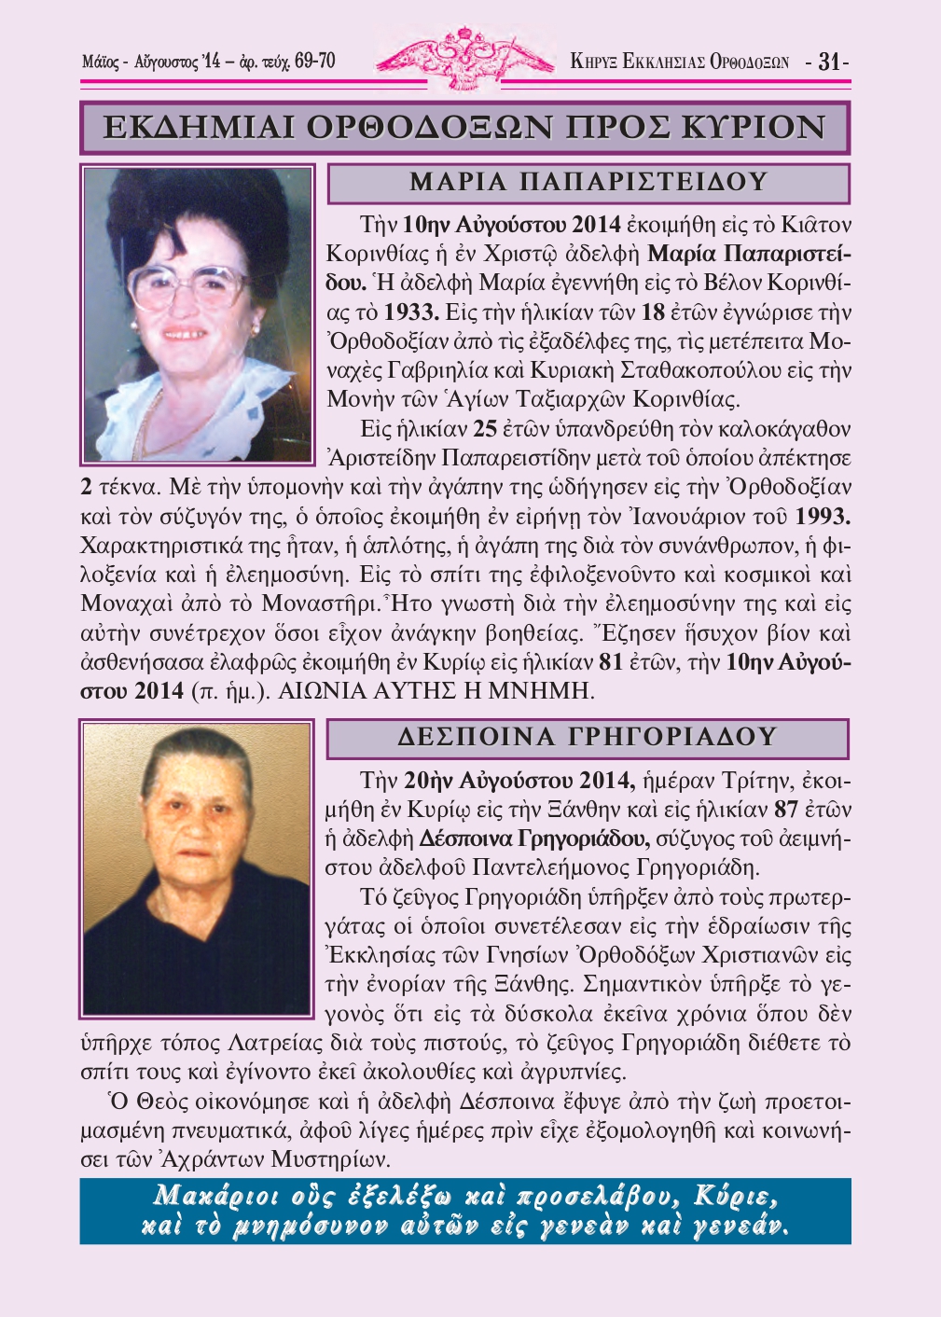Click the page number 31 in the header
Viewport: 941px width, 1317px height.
(828, 62)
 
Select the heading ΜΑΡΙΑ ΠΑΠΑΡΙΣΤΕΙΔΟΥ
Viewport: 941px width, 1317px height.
(588, 183)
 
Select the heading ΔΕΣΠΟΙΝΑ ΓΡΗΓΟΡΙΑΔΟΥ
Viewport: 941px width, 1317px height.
(588, 738)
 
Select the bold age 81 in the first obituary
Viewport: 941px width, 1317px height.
(611, 663)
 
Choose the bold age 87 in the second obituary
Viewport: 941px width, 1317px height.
(786, 809)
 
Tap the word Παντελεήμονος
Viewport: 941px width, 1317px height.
(550, 867)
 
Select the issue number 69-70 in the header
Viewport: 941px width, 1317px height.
(314, 62)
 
